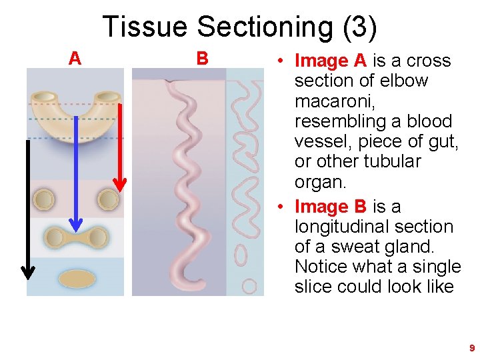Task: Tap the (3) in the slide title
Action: coord(359,27)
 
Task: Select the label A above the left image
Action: coord(75,59)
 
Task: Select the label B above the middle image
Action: coord(202,59)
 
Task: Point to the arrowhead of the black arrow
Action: coord(27,271)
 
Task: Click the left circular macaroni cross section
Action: coord(45,199)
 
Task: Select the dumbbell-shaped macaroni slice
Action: coord(75,237)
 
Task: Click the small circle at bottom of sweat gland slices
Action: coord(249,287)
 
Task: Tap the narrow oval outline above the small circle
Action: coord(241,254)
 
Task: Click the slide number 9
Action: coord(472,348)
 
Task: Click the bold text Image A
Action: coord(331,61)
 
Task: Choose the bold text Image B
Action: coord(331,207)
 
